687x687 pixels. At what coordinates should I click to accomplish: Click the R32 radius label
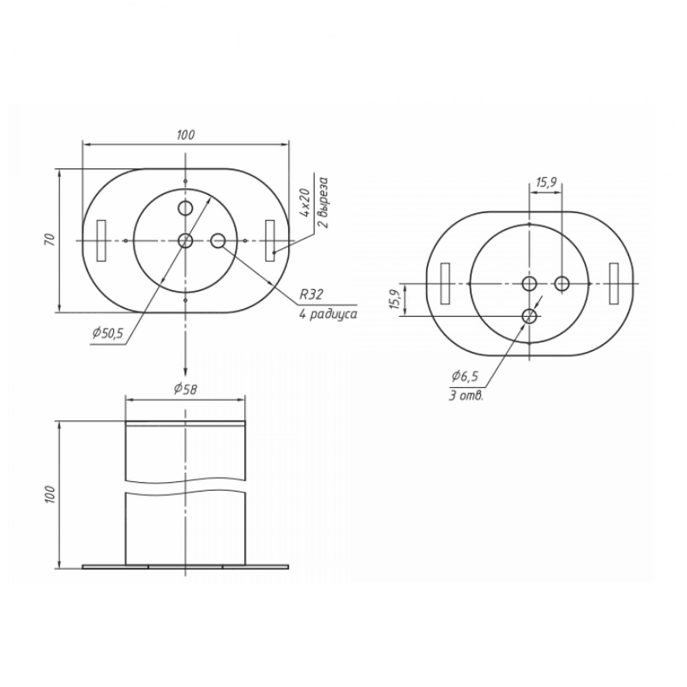click(311, 294)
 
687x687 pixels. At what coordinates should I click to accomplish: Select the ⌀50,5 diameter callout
click(108, 333)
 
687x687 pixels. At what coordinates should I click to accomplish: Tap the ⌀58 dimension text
click(185, 389)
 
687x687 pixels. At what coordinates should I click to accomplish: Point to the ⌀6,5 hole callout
click(464, 376)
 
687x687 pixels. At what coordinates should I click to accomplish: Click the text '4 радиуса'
click(328, 314)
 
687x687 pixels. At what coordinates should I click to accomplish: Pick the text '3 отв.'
click(466, 396)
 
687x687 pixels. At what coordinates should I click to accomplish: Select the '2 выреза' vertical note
click(324, 202)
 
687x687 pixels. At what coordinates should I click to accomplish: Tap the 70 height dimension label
click(50, 240)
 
